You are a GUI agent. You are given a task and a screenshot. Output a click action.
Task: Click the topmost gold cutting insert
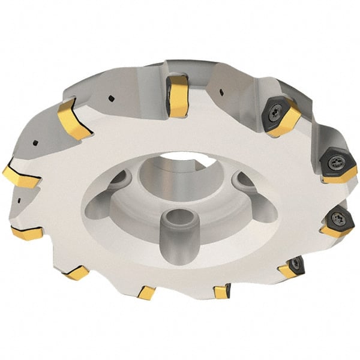178,95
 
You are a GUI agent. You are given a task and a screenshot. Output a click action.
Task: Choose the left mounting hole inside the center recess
120,179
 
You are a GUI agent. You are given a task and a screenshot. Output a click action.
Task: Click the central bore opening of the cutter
180,159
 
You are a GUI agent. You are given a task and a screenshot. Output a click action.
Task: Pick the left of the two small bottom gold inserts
146,293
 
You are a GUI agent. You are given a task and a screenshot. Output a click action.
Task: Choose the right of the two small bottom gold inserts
221,292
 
